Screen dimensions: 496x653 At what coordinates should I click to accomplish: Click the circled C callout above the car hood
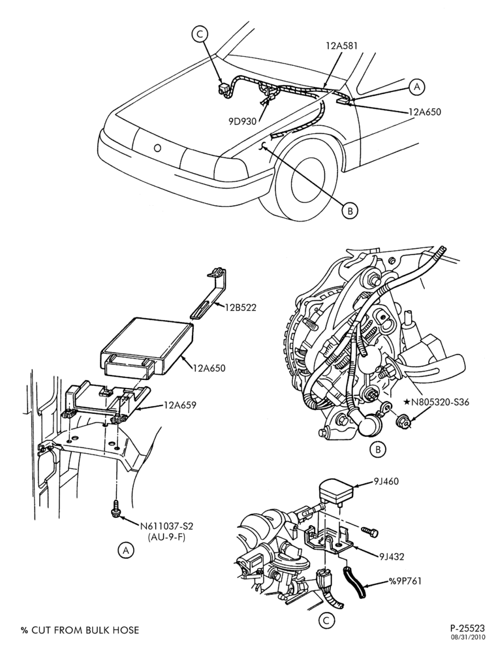199,34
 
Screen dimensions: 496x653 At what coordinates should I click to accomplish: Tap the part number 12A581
342,45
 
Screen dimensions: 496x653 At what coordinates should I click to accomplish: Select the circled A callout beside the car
417,86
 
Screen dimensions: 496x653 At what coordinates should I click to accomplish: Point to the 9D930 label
242,121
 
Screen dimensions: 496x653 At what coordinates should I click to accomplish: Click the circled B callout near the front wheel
350,211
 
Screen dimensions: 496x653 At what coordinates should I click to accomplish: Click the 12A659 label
179,404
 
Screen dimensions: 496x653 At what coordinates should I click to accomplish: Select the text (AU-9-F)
166,537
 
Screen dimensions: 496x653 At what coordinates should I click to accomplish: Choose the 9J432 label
392,556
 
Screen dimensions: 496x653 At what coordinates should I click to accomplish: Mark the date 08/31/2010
470,637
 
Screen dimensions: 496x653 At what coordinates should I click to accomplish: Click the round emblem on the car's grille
157,148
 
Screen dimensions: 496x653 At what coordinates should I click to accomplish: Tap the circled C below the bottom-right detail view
326,621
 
